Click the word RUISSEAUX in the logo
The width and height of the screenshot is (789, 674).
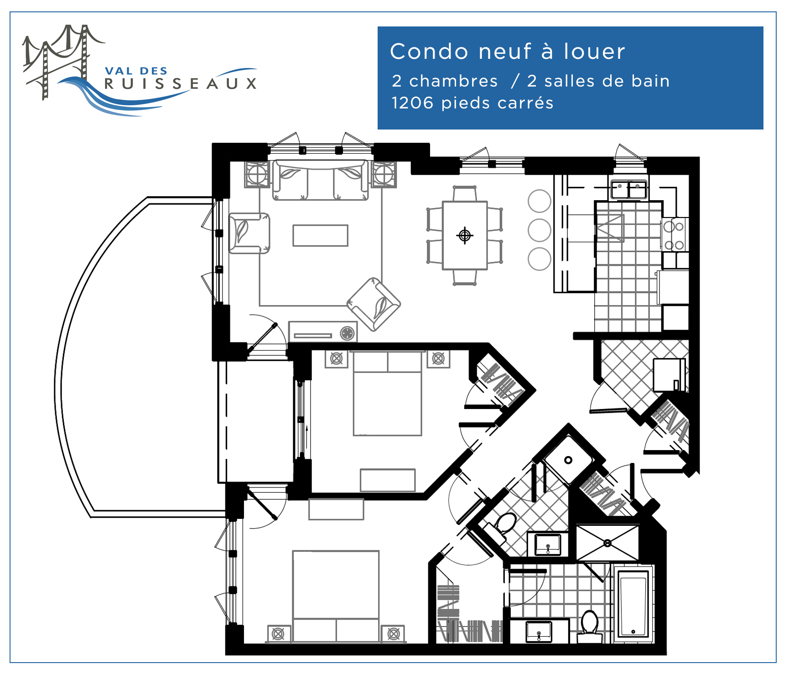(x=181, y=83)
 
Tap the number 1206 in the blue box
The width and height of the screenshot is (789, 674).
(x=412, y=103)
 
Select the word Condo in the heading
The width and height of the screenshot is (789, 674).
(x=429, y=51)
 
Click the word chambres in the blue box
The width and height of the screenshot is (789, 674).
(x=453, y=81)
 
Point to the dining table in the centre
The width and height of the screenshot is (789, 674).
(x=465, y=235)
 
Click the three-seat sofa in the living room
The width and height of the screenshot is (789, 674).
(x=320, y=180)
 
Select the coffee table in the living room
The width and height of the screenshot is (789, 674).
(x=320, y=235)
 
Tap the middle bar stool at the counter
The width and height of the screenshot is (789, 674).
(x=540, y=230)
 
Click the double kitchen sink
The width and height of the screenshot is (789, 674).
(x=629, y=189)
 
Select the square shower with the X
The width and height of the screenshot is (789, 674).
(x=607, y=543)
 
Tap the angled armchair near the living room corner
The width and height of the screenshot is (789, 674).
(x=374, y=304)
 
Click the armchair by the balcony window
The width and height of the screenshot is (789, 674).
(x=249, y=233)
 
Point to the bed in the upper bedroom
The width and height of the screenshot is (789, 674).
(x=388, y=393)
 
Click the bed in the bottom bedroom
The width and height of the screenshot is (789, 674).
(x=336, y=596)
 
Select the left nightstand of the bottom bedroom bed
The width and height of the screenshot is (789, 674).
(x=279, y=633)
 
